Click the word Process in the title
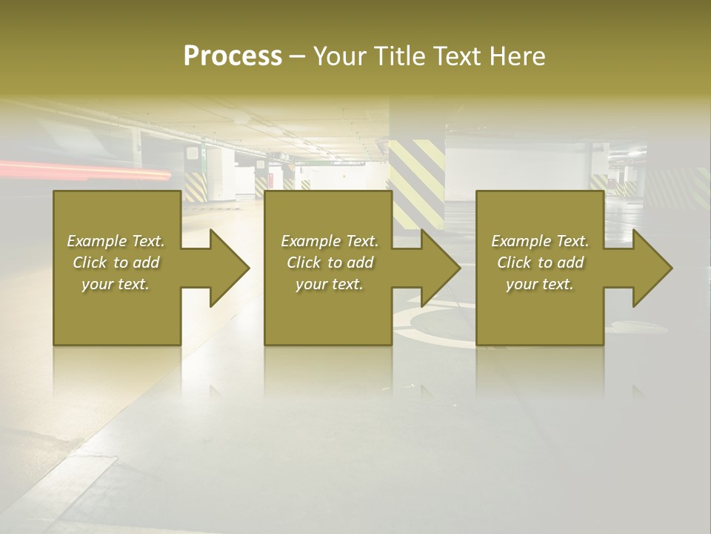point(233,56)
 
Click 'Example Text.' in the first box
point(116,241)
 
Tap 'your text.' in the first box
point(116,284)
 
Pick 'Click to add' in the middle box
point(330,263)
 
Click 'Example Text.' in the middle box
point(330,241)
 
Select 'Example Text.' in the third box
point(540,241)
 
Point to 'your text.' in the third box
point(540,284)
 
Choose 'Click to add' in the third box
point(540,263)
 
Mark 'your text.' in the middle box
point(330,284)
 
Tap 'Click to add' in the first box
point(116,263)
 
